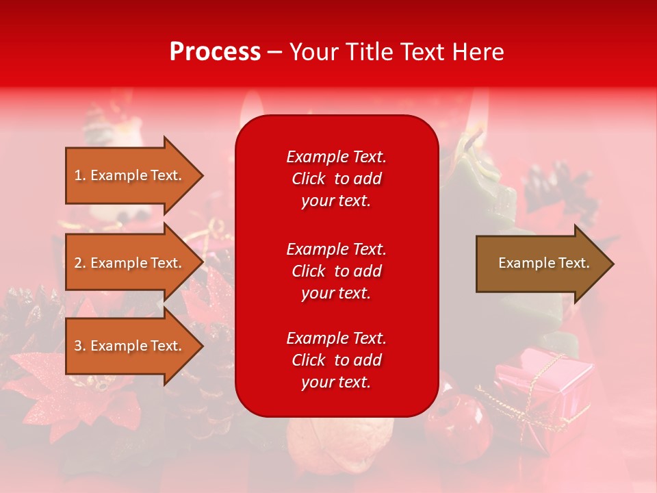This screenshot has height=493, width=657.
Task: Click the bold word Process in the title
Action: point(215,52)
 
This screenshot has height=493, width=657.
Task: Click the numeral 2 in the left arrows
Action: point(78,263)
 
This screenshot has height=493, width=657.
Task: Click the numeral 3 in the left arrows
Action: point(78,346)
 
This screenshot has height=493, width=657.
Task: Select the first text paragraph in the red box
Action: point(336,179)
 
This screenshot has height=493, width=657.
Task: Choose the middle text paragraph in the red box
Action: point(336,271)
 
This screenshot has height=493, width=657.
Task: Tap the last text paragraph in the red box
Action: point(336,360)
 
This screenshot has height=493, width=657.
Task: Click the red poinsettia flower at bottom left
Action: point(48,383)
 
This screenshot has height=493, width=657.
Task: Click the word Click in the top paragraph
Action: point(308,179)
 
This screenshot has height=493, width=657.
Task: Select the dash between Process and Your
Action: point(275,53)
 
